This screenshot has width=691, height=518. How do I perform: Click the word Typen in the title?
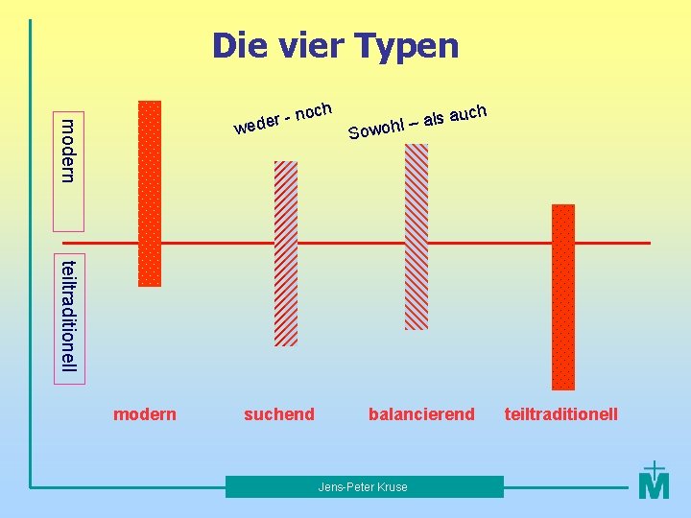pyautogui.click(x=406, y=46)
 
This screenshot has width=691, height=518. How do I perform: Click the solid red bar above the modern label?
pyautogui.click(x=150, y=193)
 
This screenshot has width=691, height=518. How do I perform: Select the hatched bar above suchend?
pyautogui.click(x=286, y=252)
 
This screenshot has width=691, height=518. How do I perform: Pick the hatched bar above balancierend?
pyautogui.click(x=417, y=236)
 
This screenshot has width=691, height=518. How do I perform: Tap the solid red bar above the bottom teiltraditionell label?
pyautogui.click(x=563, y=296)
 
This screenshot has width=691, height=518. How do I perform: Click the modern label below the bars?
pyautogui.click(x=145, y=414)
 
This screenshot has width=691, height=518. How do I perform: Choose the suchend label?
pyautogui.click(x=279, y=414)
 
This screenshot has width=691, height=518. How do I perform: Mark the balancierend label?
pyautogui.click(x=421, y=414)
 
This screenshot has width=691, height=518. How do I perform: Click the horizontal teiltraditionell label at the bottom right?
pyautogui.click(x=561, y=414)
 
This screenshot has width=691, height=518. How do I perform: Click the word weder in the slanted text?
pyautogui.click(x=256, y=123)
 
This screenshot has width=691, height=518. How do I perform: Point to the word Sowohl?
pyautogui.click(x=374, y=128)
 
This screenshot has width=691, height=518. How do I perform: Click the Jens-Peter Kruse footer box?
pyautogui.click(x=364, y=487)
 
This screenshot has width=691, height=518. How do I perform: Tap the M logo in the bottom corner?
pyautogui.click(x=654, y=482)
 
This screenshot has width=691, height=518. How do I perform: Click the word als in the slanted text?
pyautogui.click(x=433, y=119)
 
